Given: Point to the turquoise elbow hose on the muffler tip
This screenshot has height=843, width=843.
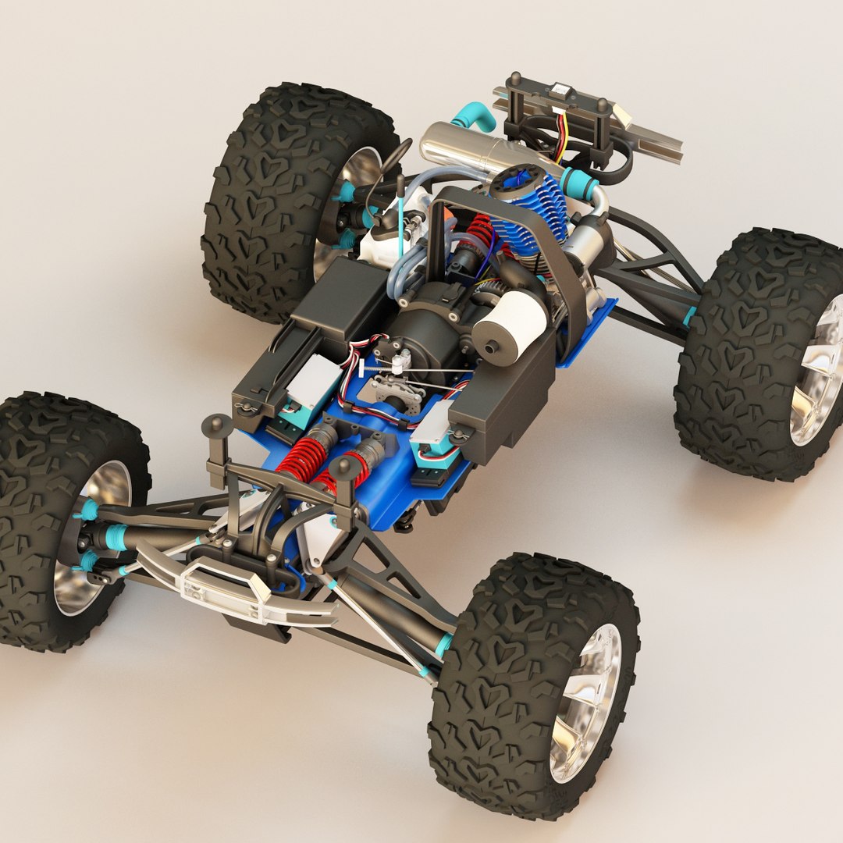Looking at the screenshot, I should (472, 117).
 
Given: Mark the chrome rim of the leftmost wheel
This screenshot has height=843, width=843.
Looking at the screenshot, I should (90, 539).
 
